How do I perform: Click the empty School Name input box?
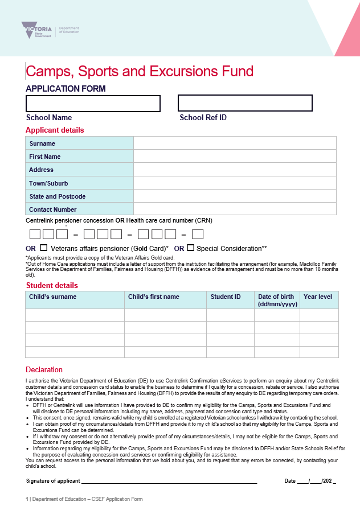[x=93, y=104]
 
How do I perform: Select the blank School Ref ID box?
[x=245, y=103]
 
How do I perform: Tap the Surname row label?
[x=42, y=143]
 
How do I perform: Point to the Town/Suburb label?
[x=48, y=183]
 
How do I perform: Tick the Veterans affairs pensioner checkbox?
[x=44, y=248]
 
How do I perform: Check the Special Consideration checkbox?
[x=191, y=248]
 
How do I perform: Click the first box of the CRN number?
[x=35, y=234]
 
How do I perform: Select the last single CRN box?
[x=198, y=234]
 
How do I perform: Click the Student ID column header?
[x=226, y=297]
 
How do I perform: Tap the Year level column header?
[x=318, y=297]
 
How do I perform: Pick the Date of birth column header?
[x=276, y=300]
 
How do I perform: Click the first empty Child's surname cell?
[x=75, y=315]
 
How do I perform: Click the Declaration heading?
[x=44, y=370]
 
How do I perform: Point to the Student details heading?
[x=52, y=285]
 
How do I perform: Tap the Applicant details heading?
[x=55, y=130]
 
